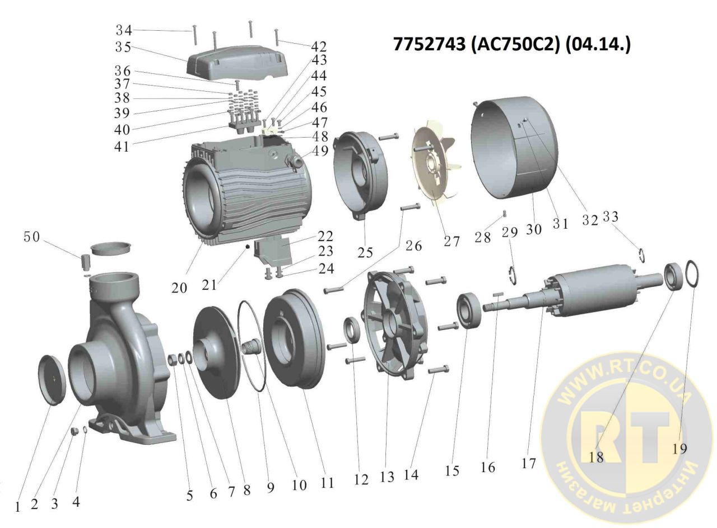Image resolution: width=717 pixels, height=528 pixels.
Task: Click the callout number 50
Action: pyautogui.click(x=31, y=237)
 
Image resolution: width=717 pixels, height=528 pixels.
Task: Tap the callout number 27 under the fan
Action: pyautogui.click(x=451, y=242)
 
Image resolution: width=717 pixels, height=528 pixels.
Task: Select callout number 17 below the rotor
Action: pyautogui.click(x=528, y=463)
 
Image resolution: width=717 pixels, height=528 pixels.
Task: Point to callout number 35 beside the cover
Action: pyautogui.click(x=123, y=48)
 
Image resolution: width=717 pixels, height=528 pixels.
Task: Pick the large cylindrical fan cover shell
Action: pyautogui.click(x=514, y=150)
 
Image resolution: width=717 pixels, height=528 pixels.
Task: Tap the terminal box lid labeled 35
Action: pyautogui.click(x=236, y=65)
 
